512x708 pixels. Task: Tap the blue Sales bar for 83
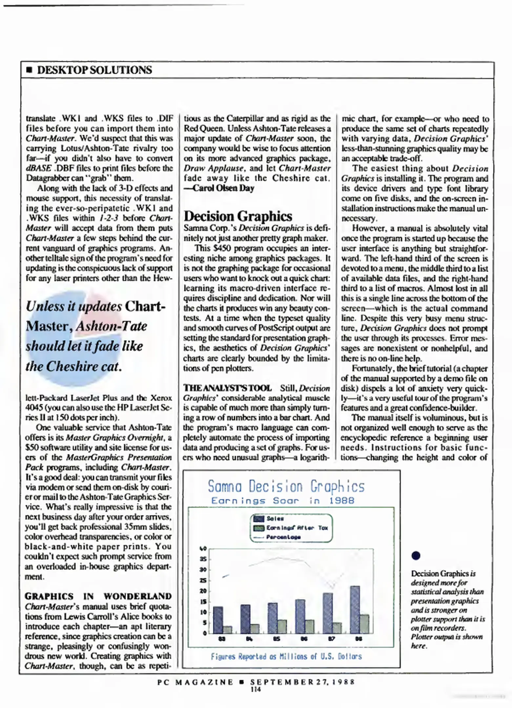pyautogui.click(x=218, y=620)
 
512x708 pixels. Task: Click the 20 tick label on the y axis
pyautogui.click(x=203, y=591)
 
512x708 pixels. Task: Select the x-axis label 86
pyautogui.click(x=304, y=639)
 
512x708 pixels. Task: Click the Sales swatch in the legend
pyautogui.click(x=259, y=519)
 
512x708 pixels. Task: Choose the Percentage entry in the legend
pyautogui.click(x=283, y=537)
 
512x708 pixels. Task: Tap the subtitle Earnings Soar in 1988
pyautogui.click(x=283, y=501)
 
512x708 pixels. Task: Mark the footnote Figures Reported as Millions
pyautogui.click(x=286, y=656)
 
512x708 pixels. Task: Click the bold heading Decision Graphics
pyautogui.click(x=238, y=216)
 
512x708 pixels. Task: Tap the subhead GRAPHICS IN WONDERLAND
pyautogui.click(x=98, y=596)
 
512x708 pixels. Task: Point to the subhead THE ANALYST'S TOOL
pyautogui.click(x=227, y=388)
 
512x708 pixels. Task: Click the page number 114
pyautogui.click(x=256, y=689)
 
